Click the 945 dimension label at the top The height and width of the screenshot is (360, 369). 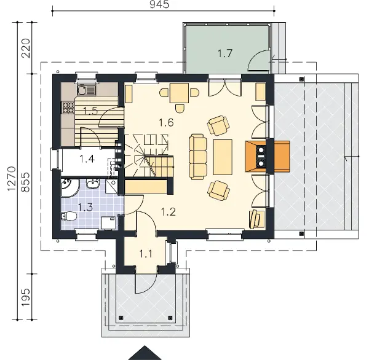click(159, 4)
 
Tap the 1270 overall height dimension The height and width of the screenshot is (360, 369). click(11, 179)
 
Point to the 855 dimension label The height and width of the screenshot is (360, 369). click(25, 182)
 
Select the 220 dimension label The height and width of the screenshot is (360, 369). click(26, 48)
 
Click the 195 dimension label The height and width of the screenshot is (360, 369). click(26, 297)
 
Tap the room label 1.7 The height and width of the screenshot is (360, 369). click(224, 53)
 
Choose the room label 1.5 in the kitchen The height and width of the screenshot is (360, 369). click(90, 111)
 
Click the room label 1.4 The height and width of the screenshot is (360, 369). click(87, 158)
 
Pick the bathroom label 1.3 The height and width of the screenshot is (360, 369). click(85, 207)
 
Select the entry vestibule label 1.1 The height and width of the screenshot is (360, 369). click(146, 254)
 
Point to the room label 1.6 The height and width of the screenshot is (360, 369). click(166, 122)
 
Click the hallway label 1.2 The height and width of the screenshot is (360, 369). click(169, 212)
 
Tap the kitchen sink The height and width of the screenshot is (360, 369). click(86, 90)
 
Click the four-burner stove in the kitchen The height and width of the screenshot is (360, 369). click(68, 108)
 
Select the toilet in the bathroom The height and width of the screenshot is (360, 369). click(69, 216)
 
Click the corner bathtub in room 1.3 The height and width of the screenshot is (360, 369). click(70, 187)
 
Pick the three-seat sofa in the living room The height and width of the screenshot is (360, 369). click(198, 157)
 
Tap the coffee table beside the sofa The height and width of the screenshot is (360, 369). click(223, 157)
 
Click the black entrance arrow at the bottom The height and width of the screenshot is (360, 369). click(145, 353)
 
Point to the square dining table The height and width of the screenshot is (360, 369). click(180, 93)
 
